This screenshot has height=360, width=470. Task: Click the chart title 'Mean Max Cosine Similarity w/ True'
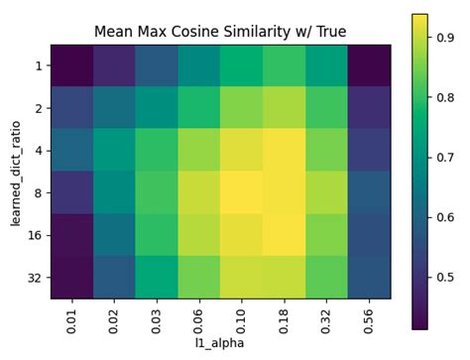(x=220, y=32)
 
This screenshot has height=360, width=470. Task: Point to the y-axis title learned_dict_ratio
(x=16, y=171)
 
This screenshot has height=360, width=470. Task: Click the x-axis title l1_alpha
(x=220, y=344)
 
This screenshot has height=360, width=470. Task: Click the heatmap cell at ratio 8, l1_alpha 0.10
(x=241, y=192)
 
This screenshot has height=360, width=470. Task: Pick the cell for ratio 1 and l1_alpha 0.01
(x=71, y=65)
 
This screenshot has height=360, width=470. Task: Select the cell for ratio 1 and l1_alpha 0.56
(x=369, y=65)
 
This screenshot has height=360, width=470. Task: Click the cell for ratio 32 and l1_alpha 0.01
(x=71, y=277)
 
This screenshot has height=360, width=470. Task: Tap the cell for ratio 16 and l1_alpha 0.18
(x=284, y=235)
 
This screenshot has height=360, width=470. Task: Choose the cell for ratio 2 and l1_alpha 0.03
(x=157, y=108)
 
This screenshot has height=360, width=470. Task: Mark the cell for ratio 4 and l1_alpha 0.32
(x=326, y=150)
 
